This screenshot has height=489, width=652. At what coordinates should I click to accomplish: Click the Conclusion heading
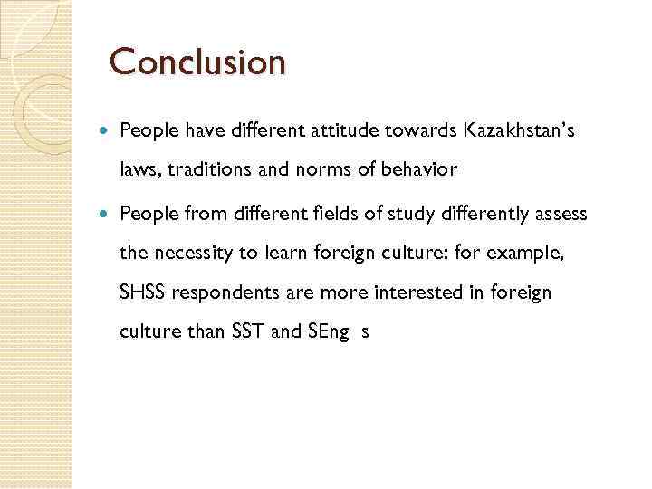[197, 62]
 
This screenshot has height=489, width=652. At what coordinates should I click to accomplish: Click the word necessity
[193, 254]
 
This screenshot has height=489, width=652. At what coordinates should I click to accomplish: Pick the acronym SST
[249, 331]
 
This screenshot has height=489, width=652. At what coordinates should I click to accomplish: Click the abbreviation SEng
[327, 332]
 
